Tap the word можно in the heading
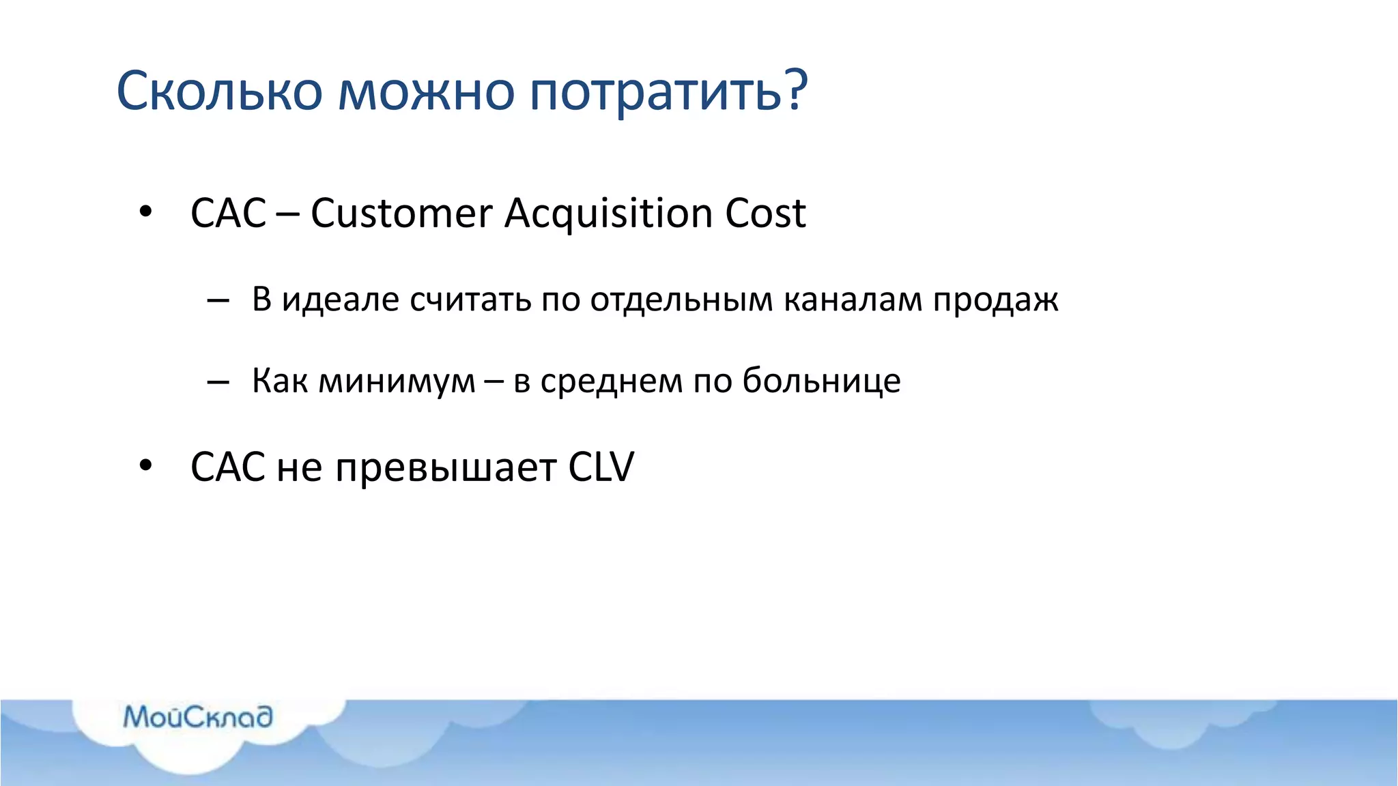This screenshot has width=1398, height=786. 426,91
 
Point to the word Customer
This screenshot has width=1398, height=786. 401,213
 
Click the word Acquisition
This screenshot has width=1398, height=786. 609,214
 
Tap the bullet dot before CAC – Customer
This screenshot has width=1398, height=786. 145,212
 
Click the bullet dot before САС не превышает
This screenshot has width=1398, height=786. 145,465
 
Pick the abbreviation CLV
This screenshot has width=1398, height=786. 601,467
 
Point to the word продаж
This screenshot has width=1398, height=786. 995,300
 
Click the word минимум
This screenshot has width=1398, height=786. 397,381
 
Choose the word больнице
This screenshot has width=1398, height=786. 821,380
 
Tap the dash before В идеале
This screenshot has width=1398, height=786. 217,300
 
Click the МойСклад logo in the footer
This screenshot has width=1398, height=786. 198,717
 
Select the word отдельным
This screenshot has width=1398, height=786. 681,300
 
